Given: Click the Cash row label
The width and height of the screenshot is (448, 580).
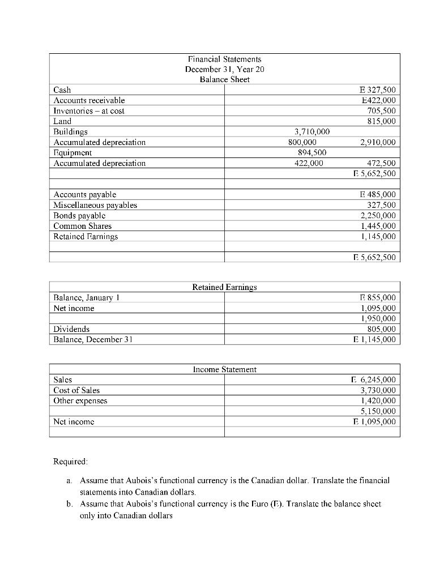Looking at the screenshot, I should (61, 89).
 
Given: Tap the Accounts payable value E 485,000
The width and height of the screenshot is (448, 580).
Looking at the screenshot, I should (374, 194).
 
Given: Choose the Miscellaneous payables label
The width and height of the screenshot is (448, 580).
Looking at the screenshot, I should (95, 205).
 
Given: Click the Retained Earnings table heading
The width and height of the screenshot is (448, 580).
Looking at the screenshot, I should (224, 287).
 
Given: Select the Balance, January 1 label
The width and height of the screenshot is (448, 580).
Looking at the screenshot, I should (86, 297).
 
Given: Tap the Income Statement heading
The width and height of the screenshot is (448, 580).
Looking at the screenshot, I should (224, 369).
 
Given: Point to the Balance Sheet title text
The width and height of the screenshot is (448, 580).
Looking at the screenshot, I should (224, 79).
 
